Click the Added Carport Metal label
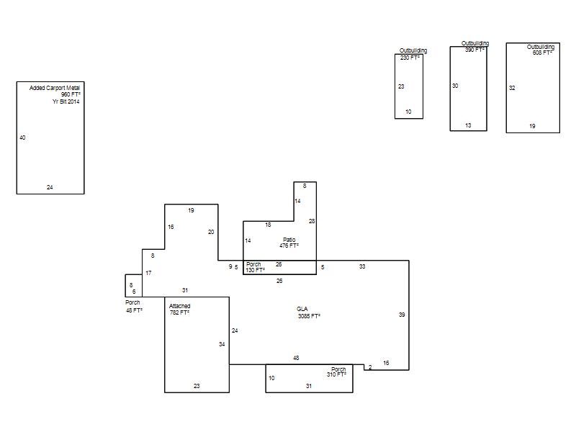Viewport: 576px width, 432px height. [55, 88]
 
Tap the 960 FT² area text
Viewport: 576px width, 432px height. [71, 94]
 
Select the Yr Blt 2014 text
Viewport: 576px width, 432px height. [66, 102]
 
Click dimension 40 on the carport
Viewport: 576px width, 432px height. [22, 138]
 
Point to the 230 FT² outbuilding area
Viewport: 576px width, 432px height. [410, 58]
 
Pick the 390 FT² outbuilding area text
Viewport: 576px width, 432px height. [474, 50]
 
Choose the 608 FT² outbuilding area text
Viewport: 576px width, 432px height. [542, 53]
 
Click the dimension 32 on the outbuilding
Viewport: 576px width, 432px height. [512, 88]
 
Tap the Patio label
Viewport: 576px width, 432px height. [289, 240]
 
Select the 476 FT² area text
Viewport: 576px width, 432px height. [289, 246]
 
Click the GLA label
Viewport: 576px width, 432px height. [302, 309]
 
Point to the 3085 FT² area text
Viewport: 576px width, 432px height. [309, 316]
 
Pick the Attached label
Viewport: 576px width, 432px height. [179, 306]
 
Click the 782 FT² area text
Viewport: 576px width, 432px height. [179, 312]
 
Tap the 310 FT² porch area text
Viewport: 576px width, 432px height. [336, 374]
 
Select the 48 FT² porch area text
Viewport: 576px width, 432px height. [134, 310]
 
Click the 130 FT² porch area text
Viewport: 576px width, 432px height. [256, 270]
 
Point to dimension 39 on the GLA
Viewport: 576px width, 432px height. [402, 315]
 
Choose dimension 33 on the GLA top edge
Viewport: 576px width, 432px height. [362, 266]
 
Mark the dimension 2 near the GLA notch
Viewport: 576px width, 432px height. [370, 367]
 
